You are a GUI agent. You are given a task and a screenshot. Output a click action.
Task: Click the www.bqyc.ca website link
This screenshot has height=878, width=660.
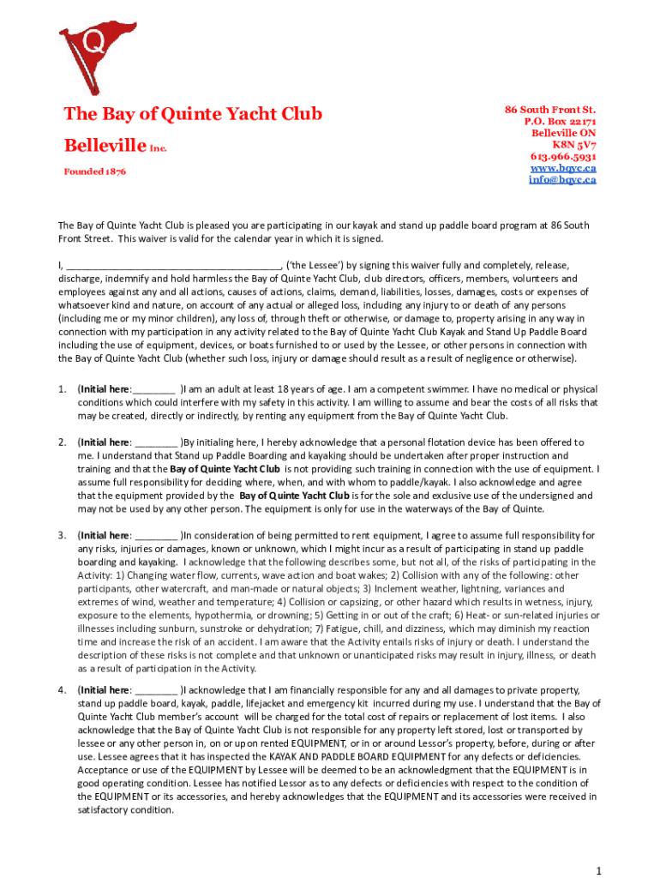[563, 168]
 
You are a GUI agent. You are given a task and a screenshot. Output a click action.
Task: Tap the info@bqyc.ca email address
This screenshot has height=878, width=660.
[562, 180]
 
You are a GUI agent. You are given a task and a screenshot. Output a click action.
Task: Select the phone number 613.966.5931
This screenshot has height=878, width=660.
[563, 157]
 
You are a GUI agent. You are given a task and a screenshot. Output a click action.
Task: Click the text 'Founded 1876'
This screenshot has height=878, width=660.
[95, 171]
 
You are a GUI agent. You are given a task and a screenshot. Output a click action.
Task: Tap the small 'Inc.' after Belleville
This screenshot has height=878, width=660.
[159, 148]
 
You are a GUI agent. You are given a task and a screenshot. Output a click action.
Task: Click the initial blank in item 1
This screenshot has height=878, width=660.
[155, 389]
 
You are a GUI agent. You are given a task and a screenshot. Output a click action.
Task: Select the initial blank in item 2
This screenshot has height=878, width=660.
[157, 442]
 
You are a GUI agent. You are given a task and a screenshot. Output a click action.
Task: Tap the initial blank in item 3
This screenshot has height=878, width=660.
[157, 536]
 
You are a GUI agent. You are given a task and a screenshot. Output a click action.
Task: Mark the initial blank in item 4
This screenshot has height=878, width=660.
[157, 690]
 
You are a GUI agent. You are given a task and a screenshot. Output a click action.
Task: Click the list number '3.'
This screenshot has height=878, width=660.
[63, 536]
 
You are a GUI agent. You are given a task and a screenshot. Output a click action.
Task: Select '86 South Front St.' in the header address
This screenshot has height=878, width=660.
[549, 110]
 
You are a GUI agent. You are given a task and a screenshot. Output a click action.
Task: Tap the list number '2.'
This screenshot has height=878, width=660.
[63, 442]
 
